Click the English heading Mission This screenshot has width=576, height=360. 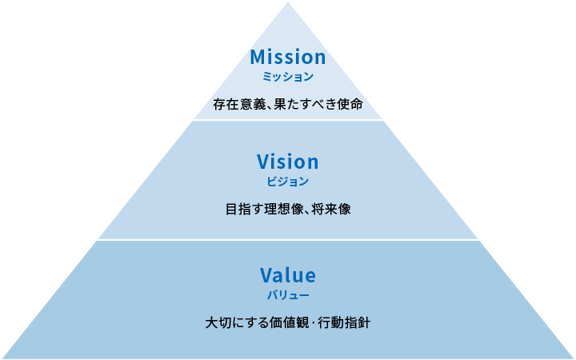pyautogui.click(x=288, y=58)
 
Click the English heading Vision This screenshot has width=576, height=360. pyautogui.click(x=288, y=162)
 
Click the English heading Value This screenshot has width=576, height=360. pyautogui.click(x=288, y=275)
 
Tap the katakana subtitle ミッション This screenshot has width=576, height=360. pyautogui.click(x=288, y=78)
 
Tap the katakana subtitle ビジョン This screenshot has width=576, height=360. pyautogui.click(x=288, y=182)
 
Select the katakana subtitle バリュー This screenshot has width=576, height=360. pyautogui.click(x=288, y=295)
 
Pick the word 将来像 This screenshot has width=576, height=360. pyautogui.click(x=333, y=210)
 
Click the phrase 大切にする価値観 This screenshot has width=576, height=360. pyautogui.click(x=256, y=324)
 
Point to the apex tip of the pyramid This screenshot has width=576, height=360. pyautogui.click(x=288, y=2)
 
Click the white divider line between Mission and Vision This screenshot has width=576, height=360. pyautogui.click(x=288, y=120)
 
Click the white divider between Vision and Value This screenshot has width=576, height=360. pyautogui.click(x=288, y=239)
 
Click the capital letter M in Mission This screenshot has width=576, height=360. pyautogui.click(x=258, y=58)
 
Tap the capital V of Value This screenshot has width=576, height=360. pyautogui.click(x=267, y=275)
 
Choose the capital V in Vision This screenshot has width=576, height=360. pyautogui.click(x=265, y=162)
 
